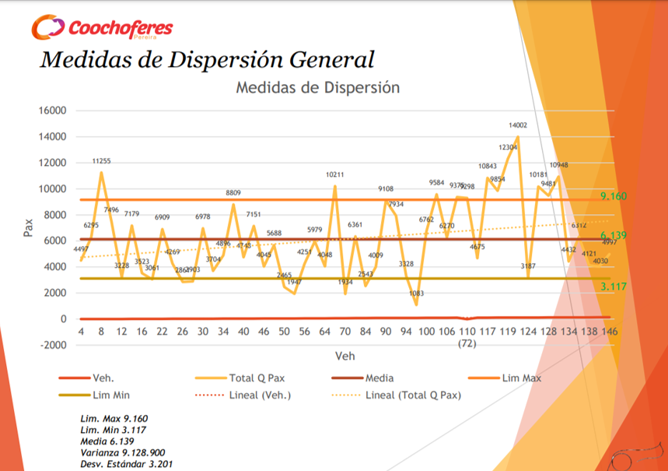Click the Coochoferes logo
pos(102,28)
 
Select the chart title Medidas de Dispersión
pos(317,87)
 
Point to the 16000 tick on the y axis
pos(53,111)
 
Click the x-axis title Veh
pos(344,356)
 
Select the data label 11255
pos(102,161)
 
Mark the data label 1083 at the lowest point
pos(416,293)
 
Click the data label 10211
pos(334,175)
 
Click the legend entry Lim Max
pos(521,378)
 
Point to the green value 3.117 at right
pos(614,286)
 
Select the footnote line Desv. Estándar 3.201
pos(127,464)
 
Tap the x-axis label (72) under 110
pos(467,343)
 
